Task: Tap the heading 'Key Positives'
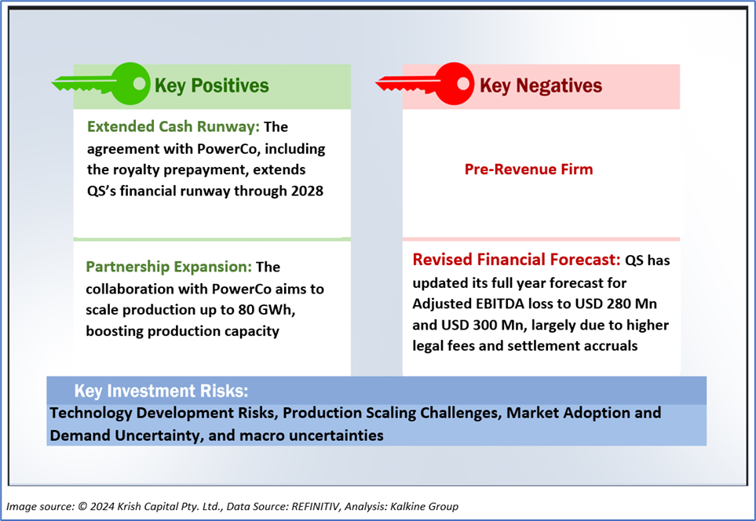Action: pyautogui.click(x=212, y=86)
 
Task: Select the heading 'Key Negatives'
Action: pyautogui.click(x=540, y=86)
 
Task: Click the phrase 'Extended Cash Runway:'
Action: pyautogui.click(x=173, y=127)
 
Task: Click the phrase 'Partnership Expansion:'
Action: pyautogui.click(x=169, y=267)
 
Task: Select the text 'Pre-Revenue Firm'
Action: pyautogui.click(x=528, y=169)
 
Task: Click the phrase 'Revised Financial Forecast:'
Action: pyautogui.click(x=517, y=260)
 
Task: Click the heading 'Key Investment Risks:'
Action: pyautogui.click(x=161, y=391)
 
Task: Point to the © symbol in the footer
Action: pyautogui.click(x=82, y=507)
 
